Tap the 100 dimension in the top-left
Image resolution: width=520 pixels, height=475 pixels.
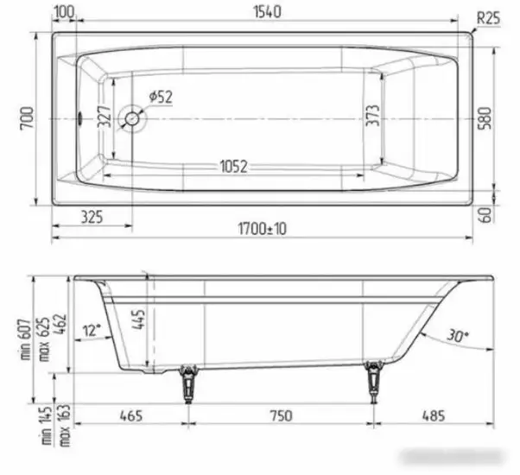64,13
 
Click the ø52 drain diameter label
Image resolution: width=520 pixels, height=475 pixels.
161,98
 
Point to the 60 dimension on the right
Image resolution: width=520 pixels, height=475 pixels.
486,214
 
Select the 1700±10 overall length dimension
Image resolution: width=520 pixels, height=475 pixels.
263,229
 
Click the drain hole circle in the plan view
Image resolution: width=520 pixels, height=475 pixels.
132,118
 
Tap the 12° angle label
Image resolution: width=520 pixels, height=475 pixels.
92,330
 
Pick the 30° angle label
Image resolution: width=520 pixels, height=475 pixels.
457,335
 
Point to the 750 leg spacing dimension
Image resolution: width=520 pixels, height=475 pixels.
279,415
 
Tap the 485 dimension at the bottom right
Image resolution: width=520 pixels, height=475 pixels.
434,415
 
